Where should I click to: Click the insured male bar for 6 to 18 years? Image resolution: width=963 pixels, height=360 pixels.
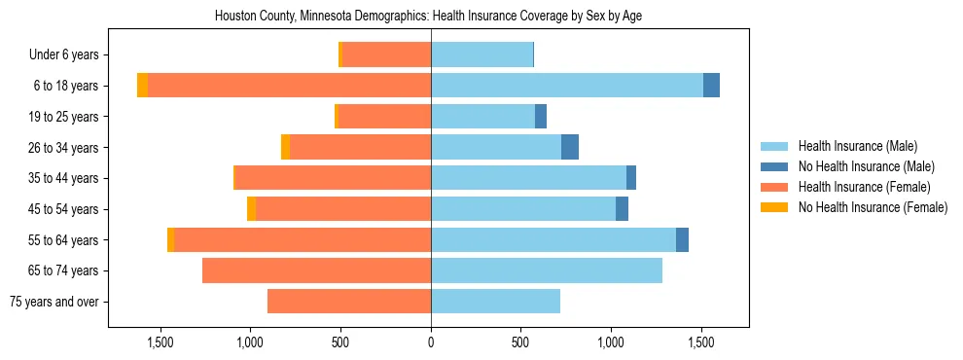(566, 86)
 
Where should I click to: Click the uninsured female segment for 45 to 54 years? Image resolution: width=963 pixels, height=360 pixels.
(251, 209)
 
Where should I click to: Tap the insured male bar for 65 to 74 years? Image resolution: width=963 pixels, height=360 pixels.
(547, 270)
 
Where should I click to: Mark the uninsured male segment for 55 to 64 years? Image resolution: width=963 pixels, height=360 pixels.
(682, 239)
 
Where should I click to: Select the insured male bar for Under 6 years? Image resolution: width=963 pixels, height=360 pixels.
(481, 54)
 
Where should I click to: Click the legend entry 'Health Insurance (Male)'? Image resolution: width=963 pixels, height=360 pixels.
(857, 146)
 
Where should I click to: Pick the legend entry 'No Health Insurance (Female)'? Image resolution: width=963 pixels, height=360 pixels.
(873, 207)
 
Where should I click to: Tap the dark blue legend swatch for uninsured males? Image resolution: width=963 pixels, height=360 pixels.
(774, 166)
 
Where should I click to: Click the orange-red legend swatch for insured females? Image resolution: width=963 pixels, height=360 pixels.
(774, 187)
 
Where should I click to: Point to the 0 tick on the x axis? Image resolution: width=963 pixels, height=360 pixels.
(431, 342)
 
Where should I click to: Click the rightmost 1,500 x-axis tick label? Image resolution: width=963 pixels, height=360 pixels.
(701, 342)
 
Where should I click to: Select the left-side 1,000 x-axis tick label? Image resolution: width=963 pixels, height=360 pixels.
(250, 342)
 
